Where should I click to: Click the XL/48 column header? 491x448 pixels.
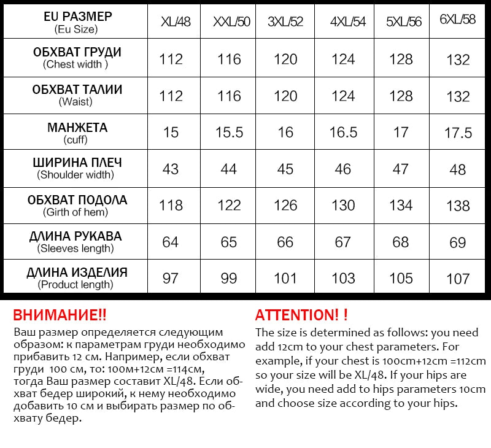click(176, 22)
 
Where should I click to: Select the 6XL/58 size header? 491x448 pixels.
click(458, 20)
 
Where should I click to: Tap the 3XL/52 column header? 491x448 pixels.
click(285, 22)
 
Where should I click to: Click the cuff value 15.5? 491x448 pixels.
click(229, 132)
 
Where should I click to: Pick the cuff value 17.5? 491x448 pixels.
click(458, 133)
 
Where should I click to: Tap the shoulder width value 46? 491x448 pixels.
click(342, 169)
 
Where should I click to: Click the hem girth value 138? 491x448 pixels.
click(458, 206)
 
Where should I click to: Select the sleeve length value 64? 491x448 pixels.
click(171, 242)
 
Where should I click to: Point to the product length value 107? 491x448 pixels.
click(458, 279)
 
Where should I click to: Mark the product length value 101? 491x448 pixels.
click(285, 278)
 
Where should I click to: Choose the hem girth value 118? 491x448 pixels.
click(171, 205)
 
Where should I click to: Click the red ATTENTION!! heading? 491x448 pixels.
click(301, 315)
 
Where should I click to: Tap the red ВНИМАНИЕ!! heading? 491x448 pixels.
click(60, 315)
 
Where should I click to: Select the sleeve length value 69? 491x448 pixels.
click(458, 243)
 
